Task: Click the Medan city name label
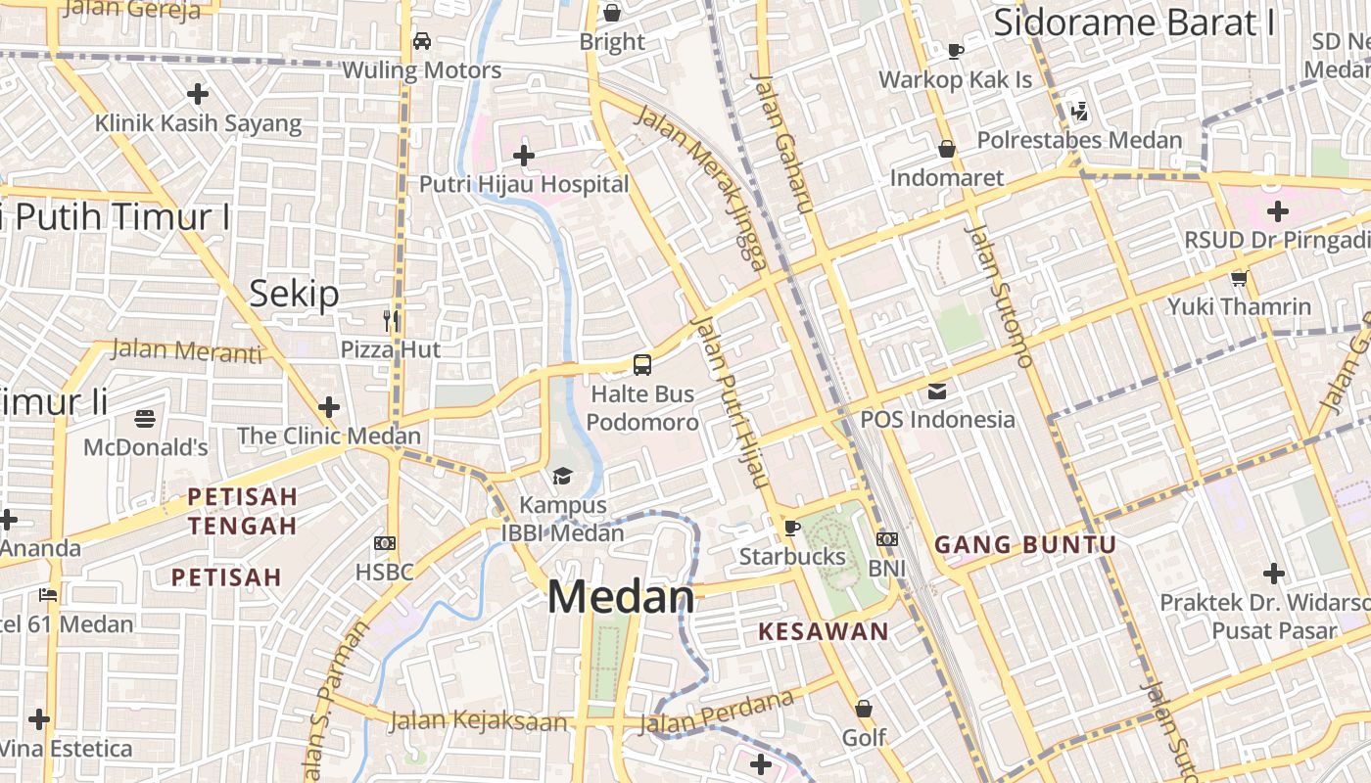click(621, 597)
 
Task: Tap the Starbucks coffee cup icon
click(791, 529)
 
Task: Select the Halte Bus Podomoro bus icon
click(642, 365)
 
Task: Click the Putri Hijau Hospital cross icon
click(524, 155)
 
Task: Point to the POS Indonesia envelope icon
click(937, 391)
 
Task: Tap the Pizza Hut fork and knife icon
click(391, 320)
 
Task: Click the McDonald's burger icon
click(145, 419)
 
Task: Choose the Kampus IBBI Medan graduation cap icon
click(562, 477)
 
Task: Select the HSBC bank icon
click(385, 542)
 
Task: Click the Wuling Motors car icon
click(422, 41)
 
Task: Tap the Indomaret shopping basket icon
click(947, 149)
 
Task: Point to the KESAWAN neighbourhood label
click(824, 631)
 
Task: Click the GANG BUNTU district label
click(1025, 545)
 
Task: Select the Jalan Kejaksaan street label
click(478, 721)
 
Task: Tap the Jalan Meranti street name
click(187, 349)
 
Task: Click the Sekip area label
click(294, 293)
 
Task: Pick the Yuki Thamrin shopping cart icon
click(1239, 278)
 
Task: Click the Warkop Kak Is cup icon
click(956, 51)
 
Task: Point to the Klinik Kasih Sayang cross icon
click(198, 94)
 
